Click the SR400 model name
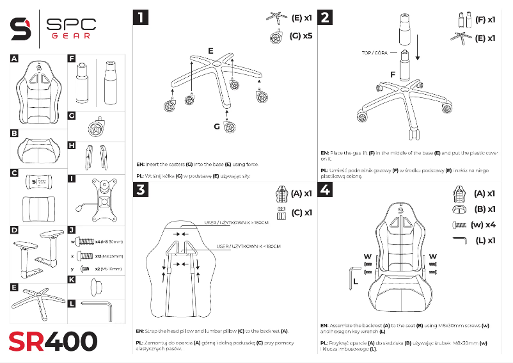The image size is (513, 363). point(52,341)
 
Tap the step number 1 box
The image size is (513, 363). point(141,17)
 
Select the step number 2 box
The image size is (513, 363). point(326,17)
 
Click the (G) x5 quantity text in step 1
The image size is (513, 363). point(301,36)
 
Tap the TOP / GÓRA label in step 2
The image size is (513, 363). point(375,53)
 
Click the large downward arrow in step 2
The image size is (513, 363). point(418,47)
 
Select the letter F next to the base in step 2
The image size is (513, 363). point(393,75)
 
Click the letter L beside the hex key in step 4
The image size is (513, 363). point(355,281)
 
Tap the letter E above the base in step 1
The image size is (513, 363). point(210,50)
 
